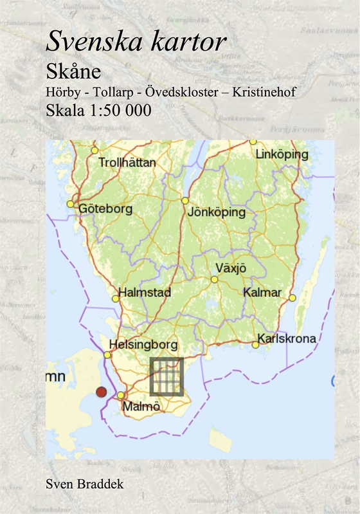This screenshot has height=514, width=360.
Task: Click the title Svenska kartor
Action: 136,42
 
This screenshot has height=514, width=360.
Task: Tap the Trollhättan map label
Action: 127,163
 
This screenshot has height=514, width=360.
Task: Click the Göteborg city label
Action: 105,208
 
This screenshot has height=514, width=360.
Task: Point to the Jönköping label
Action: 217,212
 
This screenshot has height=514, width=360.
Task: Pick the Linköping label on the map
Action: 282,155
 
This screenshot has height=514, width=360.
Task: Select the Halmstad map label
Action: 145,293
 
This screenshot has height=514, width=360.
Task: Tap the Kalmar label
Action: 263,293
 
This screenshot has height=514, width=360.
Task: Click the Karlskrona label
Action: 286,338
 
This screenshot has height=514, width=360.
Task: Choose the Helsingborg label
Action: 142,345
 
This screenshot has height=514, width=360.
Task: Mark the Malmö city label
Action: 142,406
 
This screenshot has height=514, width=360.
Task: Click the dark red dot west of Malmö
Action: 101,392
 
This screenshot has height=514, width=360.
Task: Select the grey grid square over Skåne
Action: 166,376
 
